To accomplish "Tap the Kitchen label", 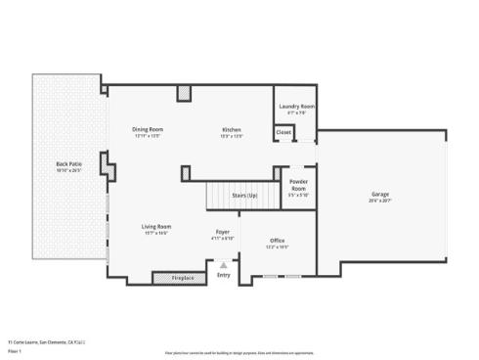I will [x=232, y=130].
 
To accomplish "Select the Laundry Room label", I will [x=296, y=106].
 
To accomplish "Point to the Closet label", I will [x=283, y=131].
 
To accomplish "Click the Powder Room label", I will [x=298, y=188].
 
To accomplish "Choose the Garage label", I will [x=379, y=194].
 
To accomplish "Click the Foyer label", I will [x=224, y=233].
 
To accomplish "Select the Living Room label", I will [x=156, y=226].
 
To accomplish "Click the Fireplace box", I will [x=183, y=278].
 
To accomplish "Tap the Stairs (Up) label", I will [x=244, y=196].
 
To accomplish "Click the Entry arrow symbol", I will [x=224, y=264].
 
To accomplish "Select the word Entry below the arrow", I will [x=224, y=275].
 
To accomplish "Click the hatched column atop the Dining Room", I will [x=183, y=93].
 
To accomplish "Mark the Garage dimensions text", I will [x=379, y=200].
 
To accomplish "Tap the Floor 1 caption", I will [x=14, y=350].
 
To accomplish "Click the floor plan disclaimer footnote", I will [x=239, y=351].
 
